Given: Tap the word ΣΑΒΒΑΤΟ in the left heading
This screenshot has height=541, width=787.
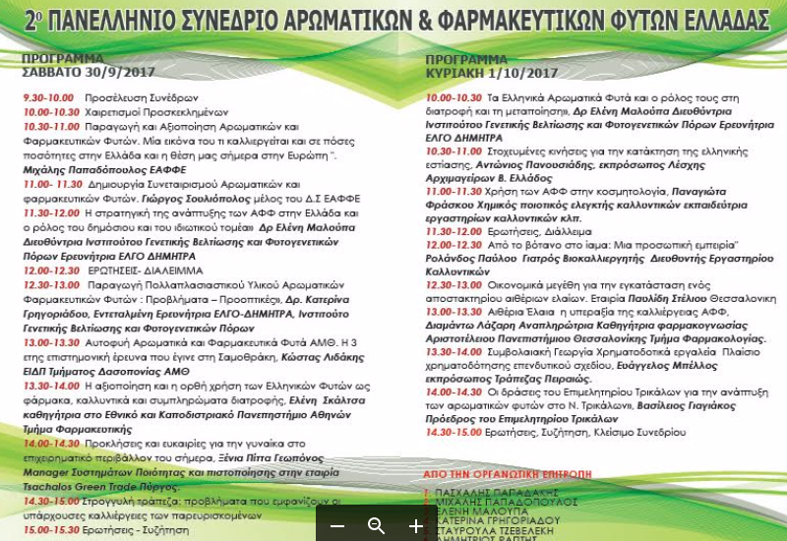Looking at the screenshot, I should pos(53,73).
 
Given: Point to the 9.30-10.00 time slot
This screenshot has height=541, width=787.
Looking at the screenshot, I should pos(49,99).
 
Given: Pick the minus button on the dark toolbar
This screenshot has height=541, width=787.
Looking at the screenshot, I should pos(337,526).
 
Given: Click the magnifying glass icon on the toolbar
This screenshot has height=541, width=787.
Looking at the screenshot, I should pos(376,526).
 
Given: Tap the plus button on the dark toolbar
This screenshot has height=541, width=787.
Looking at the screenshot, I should pos(415,526).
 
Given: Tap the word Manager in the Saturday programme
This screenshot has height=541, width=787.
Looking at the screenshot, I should pos(46,472).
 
